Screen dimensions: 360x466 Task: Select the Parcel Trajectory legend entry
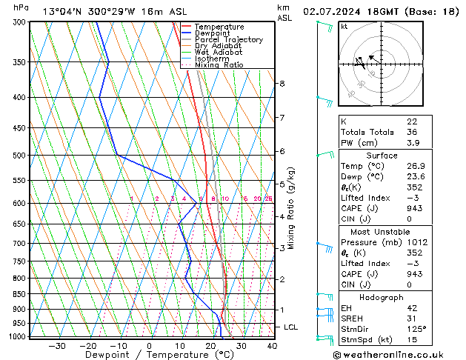(x=228, y=39)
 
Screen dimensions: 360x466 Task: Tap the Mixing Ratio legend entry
(x=219, y=64)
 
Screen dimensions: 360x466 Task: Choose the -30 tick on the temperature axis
(x=56, y=346)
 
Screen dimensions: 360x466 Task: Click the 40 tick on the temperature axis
(x=272, y=346)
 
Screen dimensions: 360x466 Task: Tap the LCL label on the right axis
(x=291, y=327)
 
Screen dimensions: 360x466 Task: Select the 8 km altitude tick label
(x=282, y=84)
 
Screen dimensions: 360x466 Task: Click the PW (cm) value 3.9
(x=413, y=143)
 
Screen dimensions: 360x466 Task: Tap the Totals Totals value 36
(x=413, y=132)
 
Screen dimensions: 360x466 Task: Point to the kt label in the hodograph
(x=344, y=26)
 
